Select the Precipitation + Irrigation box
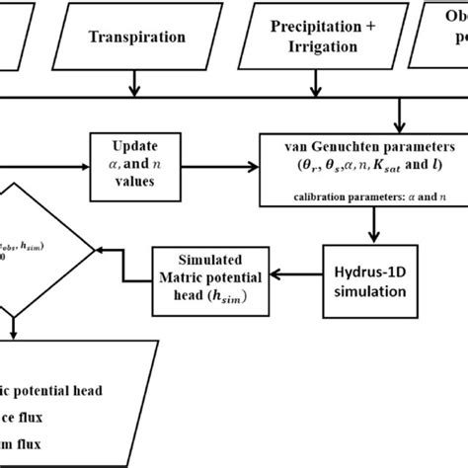click(x=320, y=38)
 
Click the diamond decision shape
click(x=30, y=247)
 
